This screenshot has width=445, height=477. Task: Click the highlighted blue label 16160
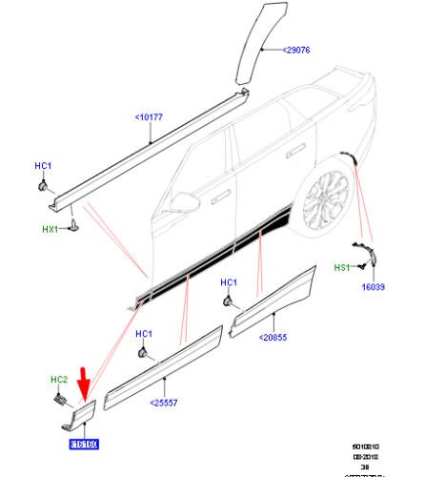pyautogui.click(x=84, y=444)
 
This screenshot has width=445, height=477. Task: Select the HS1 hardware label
pyautogui.click(x=340, y=268)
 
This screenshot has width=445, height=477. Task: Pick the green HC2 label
pyautogui.click(x=57, y=380)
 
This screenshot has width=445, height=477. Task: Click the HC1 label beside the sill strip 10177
pyautogui.click(x=43, y=167)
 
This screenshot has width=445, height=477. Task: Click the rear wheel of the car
pyautogui.click(x=325, y=199)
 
